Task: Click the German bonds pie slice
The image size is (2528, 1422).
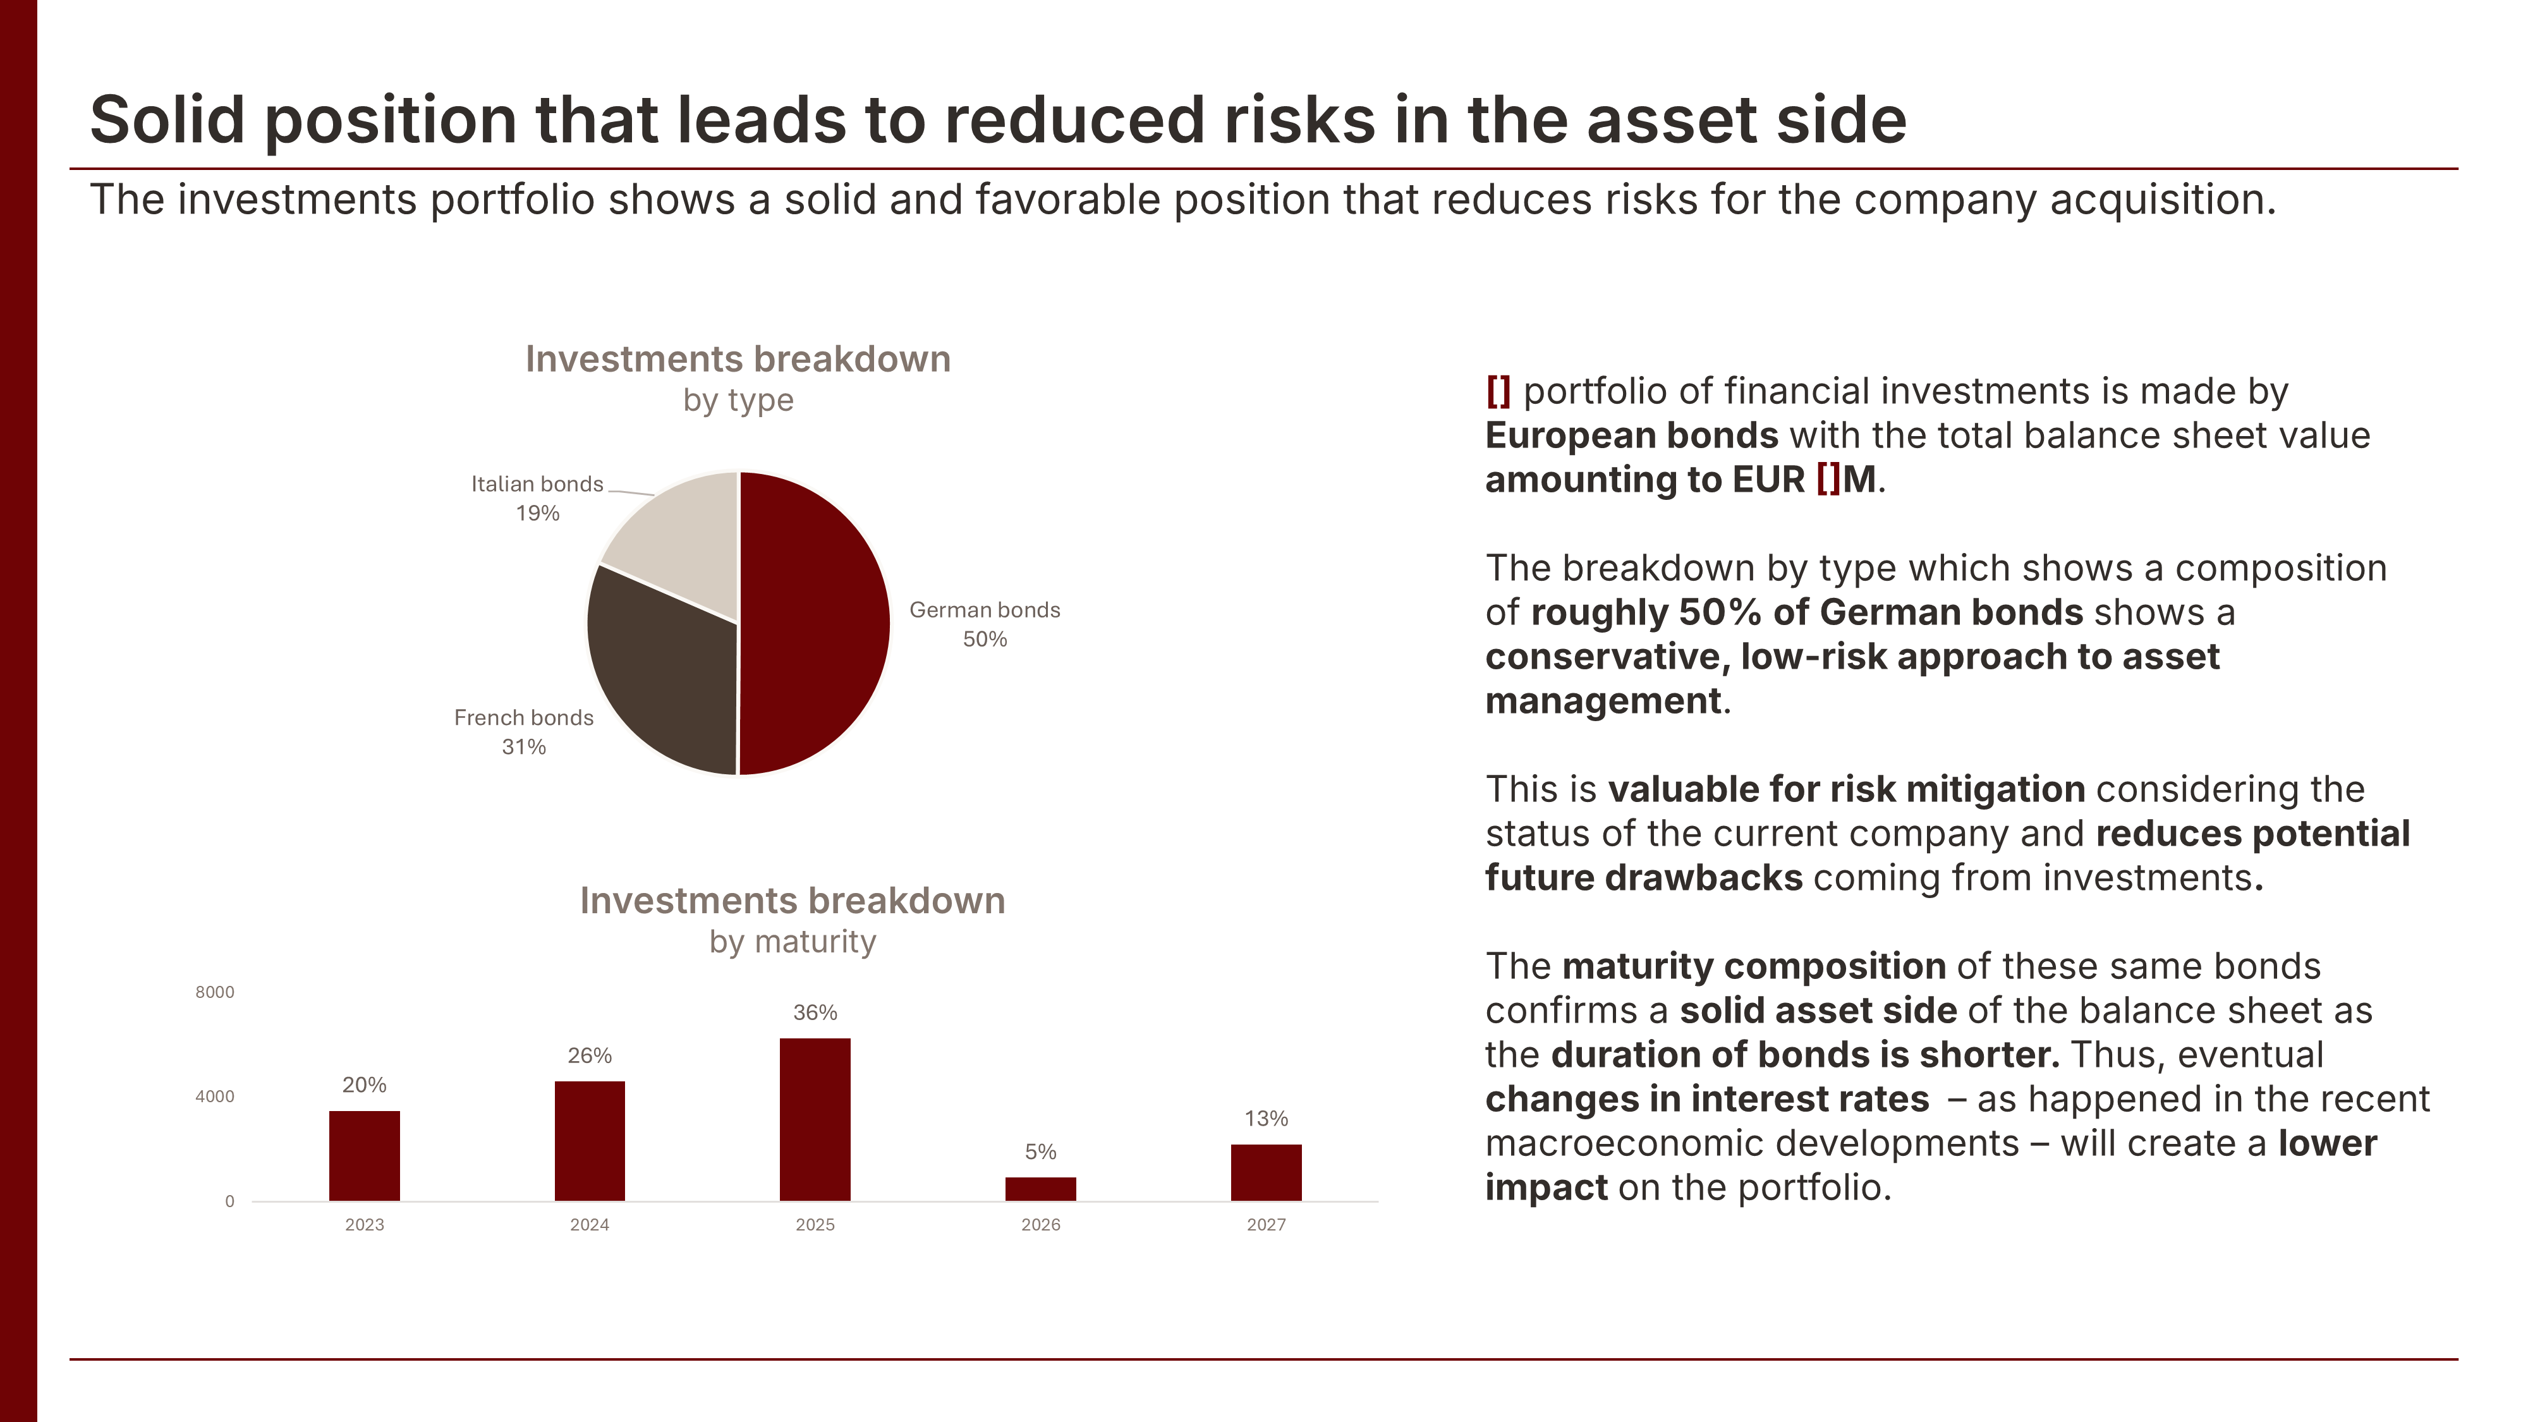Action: point(815,623)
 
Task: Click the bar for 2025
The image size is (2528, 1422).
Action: point(815,1119)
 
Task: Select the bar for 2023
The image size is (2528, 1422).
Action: point(364,1155)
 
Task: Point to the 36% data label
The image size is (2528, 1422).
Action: point(815,1012)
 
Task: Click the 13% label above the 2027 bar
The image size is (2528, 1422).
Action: point(1266,1118)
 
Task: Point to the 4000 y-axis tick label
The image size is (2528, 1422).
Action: point(215,1096)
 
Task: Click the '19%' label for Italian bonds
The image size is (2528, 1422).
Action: point(538,513)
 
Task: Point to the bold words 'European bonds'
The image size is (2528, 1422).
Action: point(1631,435)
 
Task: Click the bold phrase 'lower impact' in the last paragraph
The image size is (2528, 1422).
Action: point(2326,1143)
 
